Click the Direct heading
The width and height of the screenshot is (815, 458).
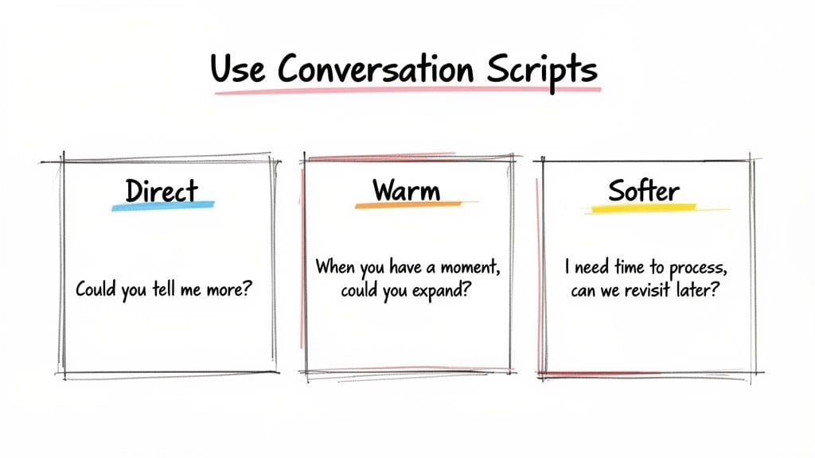point(162,191)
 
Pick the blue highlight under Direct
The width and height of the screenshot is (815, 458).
point(162,206)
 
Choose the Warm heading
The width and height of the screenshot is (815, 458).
point(405,191)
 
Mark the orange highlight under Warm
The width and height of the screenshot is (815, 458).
point(407,206)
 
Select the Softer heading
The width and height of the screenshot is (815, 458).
point(644,191)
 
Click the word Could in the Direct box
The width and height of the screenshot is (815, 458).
point(96,289)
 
